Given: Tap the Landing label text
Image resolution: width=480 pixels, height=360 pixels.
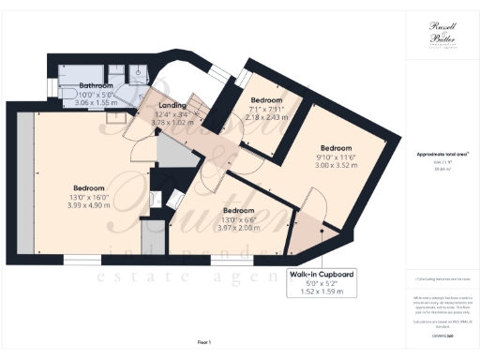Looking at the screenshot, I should [x=172, y=106].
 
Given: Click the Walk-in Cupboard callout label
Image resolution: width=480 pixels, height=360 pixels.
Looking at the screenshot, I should [x=321, y=274].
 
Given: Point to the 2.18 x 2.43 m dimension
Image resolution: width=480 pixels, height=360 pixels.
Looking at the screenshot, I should [x=268, y=117].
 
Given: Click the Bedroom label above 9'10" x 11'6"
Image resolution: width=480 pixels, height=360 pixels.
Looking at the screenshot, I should [x=336, y=148].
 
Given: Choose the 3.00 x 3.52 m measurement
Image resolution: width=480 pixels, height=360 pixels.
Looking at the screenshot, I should [x=336, y=164].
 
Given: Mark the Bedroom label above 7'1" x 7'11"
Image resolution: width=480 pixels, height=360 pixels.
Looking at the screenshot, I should [x=268, y=100].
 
